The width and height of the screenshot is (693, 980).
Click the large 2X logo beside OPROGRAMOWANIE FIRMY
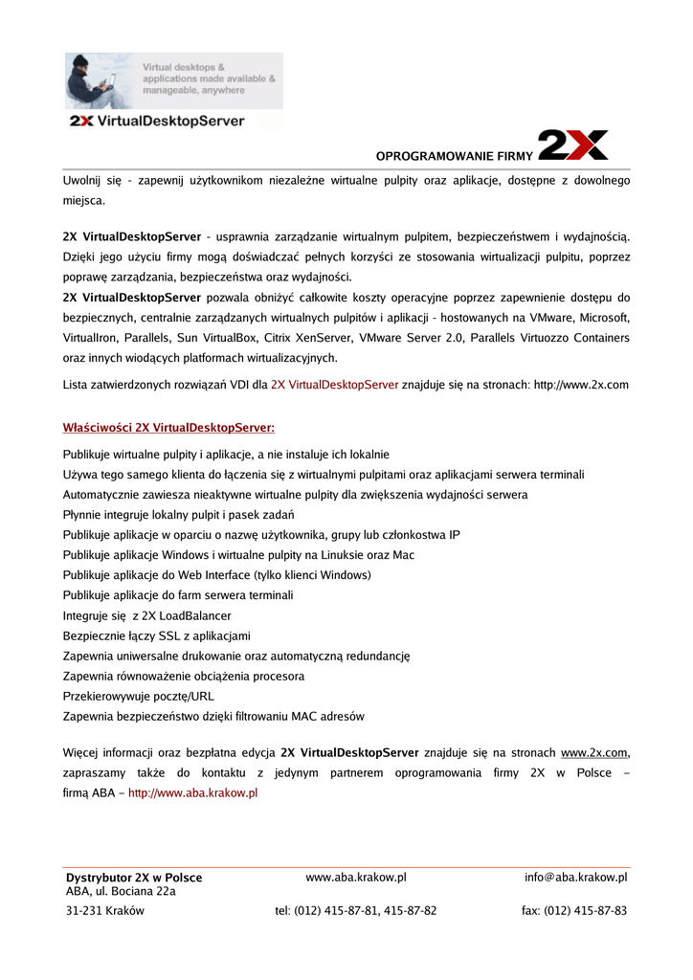point(572,145)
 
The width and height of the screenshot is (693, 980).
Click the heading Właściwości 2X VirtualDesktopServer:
point(168,427)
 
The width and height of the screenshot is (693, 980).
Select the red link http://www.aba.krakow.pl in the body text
point(193,792)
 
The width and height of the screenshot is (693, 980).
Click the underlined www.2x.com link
point(593,752)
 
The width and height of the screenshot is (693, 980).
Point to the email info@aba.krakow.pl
point(575,877)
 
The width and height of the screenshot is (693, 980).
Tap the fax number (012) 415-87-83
point(574,910)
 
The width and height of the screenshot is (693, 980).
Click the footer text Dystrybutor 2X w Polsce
point(134,878)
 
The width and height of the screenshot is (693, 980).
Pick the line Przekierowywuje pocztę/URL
point(138,696)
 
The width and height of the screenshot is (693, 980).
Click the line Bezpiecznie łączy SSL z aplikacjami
point(156,635)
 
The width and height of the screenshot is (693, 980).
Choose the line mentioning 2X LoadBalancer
point(146,615)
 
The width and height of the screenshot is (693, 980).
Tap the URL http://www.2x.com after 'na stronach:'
point(580,385)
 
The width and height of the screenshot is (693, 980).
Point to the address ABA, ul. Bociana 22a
point(121,891)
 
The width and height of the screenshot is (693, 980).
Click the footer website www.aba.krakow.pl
point(356,877)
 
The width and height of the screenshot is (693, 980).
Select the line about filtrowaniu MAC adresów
point(212,716)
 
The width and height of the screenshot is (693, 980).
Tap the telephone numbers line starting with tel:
point(355,910)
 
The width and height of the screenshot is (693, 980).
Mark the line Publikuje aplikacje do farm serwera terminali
point(177,595)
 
